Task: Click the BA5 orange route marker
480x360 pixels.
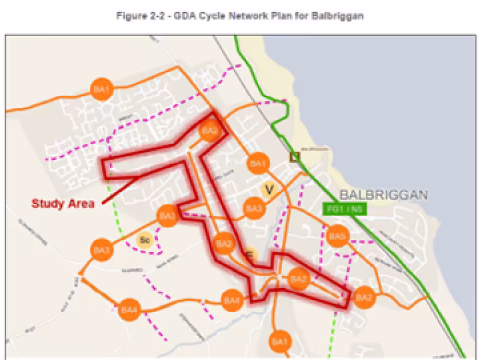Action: pos(337,236)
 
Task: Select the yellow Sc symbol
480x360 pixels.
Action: pos(144,240)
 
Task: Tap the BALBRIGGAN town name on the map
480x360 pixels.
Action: pos(383,195)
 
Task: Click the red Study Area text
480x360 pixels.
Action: pos(63,204)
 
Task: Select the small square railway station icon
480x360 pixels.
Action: pos(294,157)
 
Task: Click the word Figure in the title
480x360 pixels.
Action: pos(132,16)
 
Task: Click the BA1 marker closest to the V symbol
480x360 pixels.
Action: pos(258,164)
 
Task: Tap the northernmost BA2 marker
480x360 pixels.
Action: pos(209,131)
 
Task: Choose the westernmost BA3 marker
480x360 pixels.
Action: pos(101,249)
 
